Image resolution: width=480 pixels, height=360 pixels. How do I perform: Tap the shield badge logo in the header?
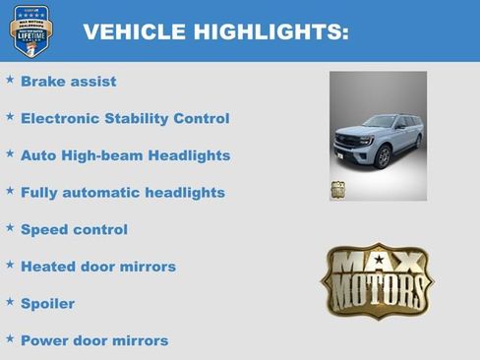coord(30,30)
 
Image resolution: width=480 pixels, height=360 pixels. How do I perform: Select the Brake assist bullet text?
coord(68,82)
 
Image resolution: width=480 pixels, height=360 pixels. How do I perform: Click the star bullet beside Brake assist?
coord(10,79)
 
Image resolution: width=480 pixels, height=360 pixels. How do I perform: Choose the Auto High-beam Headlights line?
coord(125,155)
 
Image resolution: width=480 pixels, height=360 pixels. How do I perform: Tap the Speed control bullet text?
coord(74,229)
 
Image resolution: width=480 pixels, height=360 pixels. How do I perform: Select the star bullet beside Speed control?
coord(10,227)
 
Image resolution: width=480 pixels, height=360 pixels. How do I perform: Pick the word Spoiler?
coord(47,303)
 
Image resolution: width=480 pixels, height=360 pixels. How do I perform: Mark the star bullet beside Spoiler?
coord(10,301)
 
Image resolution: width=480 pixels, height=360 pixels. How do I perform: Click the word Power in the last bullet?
coord(45,340)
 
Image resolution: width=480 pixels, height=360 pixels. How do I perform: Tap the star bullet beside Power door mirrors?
coord(10,338)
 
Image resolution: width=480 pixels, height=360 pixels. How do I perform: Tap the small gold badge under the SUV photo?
coord(337,190)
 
